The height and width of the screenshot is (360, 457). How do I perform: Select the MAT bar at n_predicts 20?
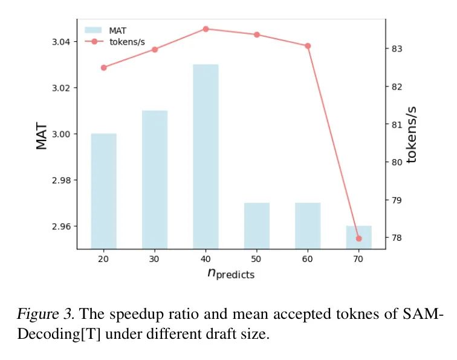(103, 191)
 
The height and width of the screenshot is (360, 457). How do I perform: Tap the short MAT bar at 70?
(358, 237)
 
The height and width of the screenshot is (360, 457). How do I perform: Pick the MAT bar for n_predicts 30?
(155, 179)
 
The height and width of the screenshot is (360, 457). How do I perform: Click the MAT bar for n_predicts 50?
(257, 225)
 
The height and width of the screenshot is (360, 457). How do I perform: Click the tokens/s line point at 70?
(358, 238)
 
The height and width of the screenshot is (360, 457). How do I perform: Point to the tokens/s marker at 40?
(206, 28)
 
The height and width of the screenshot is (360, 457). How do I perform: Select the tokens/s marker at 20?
(103, 67)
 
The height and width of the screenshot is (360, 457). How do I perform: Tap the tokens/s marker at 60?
(308, 46)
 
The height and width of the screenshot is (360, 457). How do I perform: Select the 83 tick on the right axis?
(397, 48)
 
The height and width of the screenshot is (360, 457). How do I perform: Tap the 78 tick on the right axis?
(397, 238)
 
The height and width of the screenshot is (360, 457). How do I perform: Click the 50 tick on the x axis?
(257, 258)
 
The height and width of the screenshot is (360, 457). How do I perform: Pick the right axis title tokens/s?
(412, 134)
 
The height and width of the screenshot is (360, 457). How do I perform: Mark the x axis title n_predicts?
(231, 273)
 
